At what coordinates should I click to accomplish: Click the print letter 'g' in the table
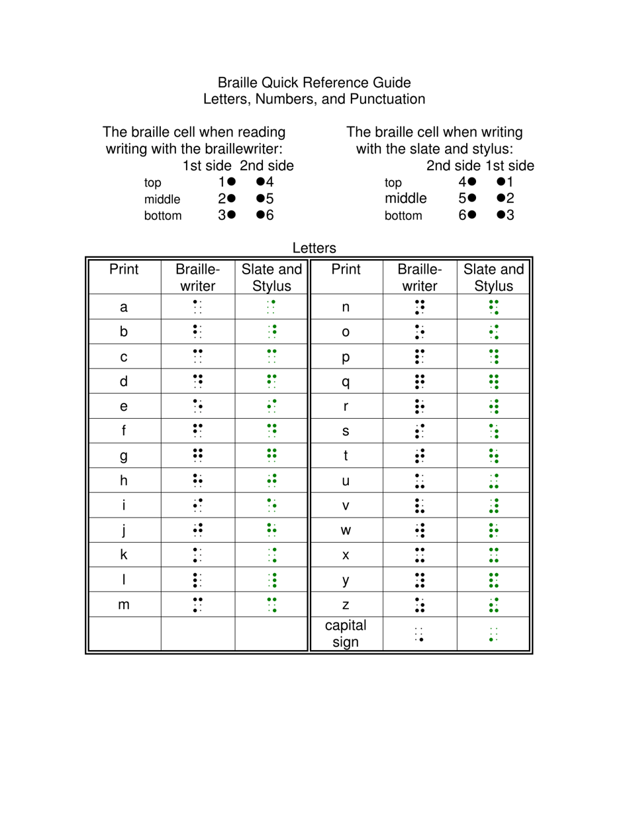[124, 456]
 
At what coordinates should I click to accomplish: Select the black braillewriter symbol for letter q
[419, 382]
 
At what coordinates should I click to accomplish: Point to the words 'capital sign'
[346, 634]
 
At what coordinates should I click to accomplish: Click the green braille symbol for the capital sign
[493, 635]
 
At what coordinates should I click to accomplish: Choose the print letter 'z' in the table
[346, 605]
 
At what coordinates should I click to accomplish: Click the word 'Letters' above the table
[314, 248]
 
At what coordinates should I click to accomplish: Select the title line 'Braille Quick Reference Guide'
[314, 83]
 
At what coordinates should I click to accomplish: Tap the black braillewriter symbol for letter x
[419, 555]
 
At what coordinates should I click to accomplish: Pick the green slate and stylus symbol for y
[493, 580]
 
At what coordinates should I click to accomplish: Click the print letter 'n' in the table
[346, 307]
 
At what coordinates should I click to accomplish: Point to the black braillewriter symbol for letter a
[197, 307]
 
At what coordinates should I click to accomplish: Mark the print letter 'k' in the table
[124, 555]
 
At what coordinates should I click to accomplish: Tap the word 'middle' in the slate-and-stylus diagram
[406, 197]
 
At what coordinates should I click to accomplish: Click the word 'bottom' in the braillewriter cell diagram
[163, 215]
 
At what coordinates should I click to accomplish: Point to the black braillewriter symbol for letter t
[419, 456]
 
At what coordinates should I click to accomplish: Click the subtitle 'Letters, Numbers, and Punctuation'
[314, 99]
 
